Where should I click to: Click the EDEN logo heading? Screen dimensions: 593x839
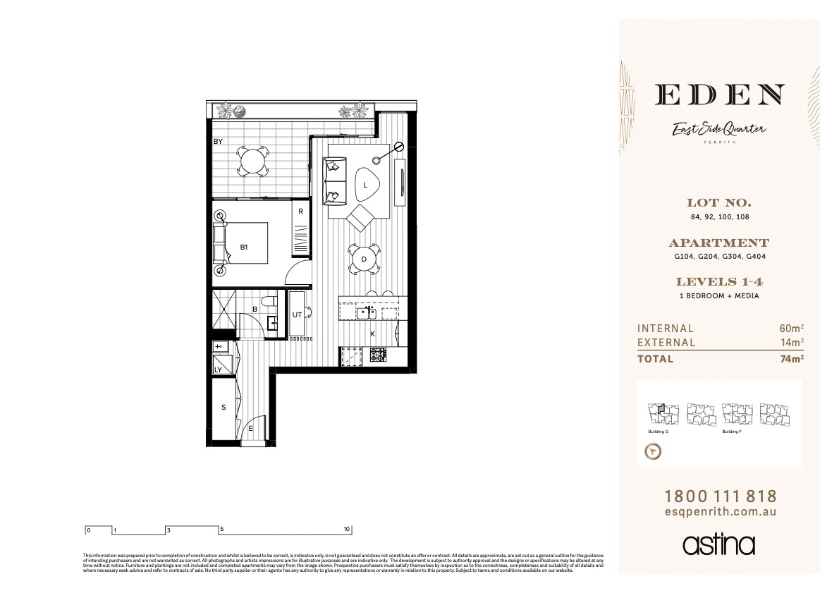719,95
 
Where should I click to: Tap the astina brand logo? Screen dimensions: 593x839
719,544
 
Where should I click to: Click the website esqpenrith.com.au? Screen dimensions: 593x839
720,513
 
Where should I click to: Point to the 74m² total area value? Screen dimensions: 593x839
792,358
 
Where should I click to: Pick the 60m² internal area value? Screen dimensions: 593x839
792,329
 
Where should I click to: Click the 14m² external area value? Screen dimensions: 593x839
792,343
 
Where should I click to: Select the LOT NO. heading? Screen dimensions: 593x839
719,203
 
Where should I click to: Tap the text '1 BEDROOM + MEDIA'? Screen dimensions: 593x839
719,296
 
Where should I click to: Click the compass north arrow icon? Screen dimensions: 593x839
654,451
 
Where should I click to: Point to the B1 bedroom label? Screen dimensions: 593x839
244,247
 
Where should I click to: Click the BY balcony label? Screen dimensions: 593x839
219,142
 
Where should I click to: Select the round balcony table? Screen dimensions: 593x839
252,161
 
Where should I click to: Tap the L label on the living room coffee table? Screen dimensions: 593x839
365,185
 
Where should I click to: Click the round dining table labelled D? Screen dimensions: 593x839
364,259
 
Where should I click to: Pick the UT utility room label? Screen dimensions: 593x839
297,315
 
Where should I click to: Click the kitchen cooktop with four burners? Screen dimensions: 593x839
378,355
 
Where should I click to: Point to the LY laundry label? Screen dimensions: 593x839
218,369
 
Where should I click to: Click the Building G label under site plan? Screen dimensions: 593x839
658,432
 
